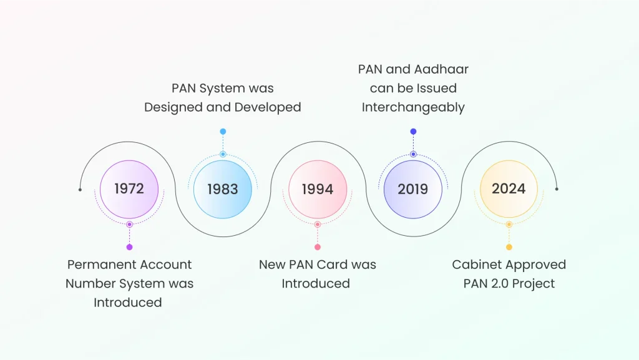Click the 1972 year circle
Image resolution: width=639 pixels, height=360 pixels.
pyautogui.click(x=129, y=190)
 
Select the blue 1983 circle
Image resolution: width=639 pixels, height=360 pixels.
pyautogui.click(x=223, y=190)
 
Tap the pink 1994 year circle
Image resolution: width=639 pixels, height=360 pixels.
pyautogui.click(x=318, y=190)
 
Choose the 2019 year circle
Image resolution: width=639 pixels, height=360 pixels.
pyautogui.click(x=413, y=190)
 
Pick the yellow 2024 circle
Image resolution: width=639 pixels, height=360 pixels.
pyautogui.click(x=509, y=189)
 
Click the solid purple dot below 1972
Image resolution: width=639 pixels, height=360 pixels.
pyautogui.click(x=130, y=247)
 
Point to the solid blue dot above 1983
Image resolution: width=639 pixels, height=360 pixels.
pyautogui.click(x=223, y=132)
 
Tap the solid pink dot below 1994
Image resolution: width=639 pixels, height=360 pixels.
pyautogui.click(x=318, y=247)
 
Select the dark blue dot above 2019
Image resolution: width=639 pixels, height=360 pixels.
pyautogui.click(x=413, y=132)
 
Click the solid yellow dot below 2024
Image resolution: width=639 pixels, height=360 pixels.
pyautogui.click(x=509, y=247)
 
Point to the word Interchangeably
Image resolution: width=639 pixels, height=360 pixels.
pyautogui.click(x=413, y=107)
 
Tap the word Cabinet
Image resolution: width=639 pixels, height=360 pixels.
pyautogui.click(x=477, y=265)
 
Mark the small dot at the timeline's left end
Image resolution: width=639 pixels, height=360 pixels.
pyautogui.click(x=80, y=190)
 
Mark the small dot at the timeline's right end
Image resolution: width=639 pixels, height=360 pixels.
pyautogui.click(x=557, y=189)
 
